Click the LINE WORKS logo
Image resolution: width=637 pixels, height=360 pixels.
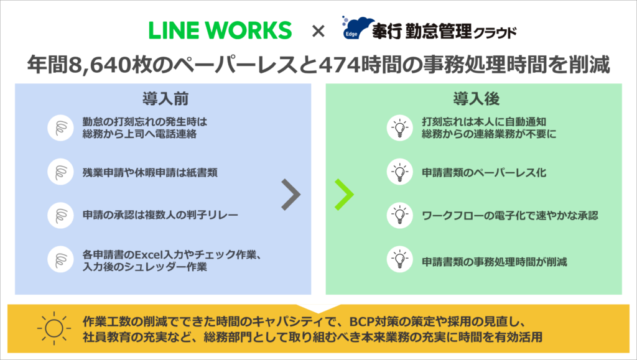pos(220,30)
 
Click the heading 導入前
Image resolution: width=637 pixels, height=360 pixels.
pos(163,99)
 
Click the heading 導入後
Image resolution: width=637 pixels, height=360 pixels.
pos(473,99)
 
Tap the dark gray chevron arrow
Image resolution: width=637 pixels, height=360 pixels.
pos(290,195)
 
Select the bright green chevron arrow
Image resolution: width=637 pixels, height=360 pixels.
pos(344,195)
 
